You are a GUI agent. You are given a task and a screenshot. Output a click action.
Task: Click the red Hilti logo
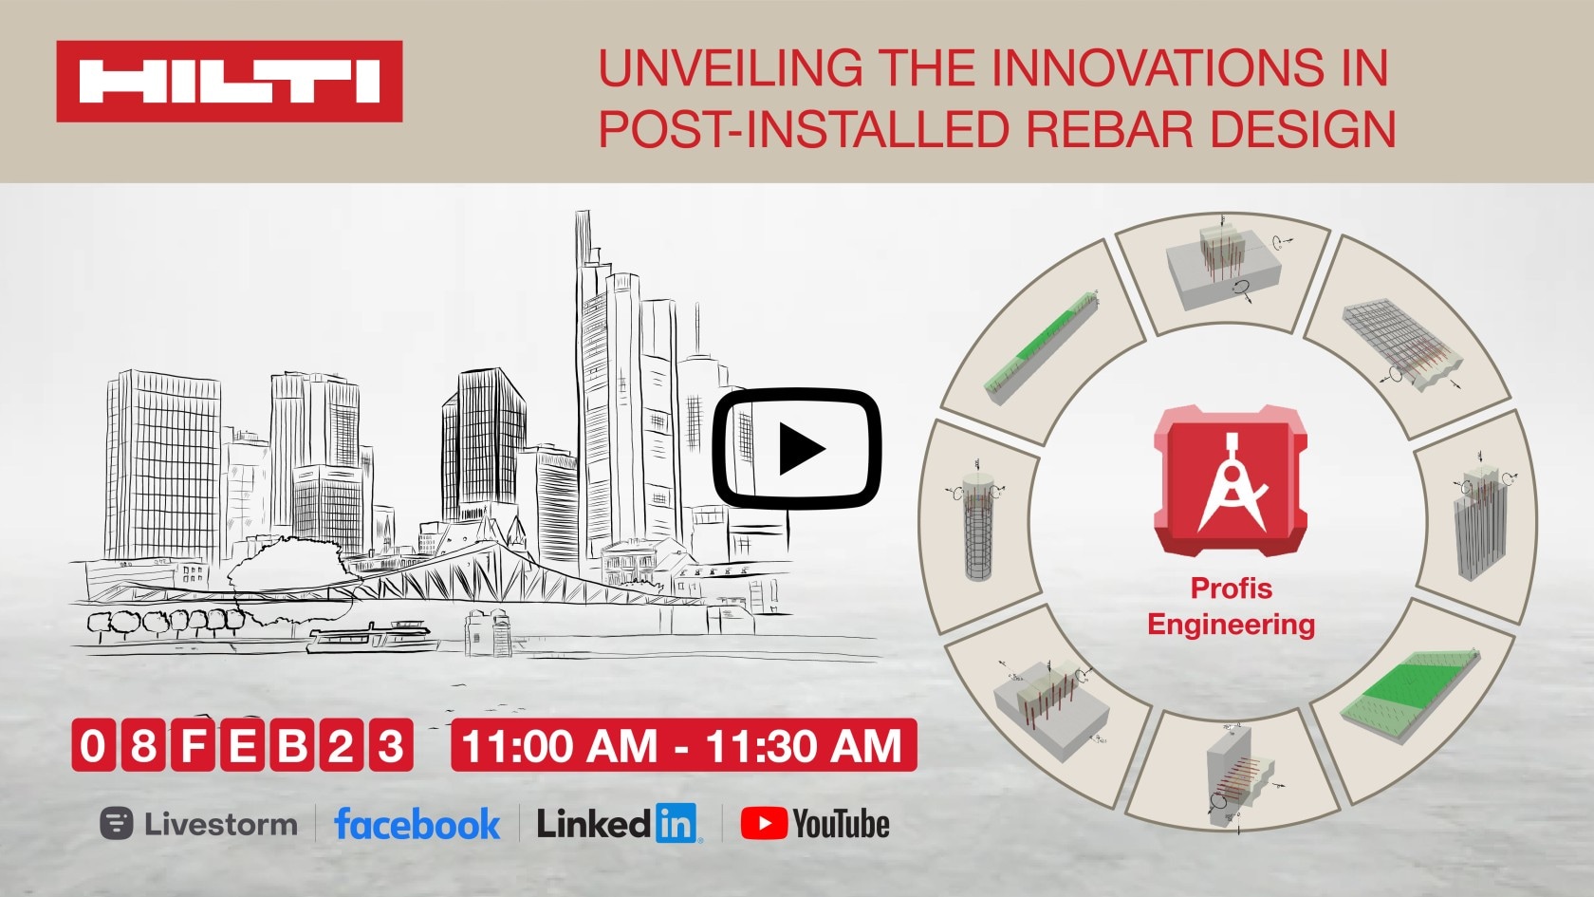229,82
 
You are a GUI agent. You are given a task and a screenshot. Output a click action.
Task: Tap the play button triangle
799,449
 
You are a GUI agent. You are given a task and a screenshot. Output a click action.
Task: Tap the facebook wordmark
417,824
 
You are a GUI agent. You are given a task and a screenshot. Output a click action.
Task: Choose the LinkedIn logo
618,823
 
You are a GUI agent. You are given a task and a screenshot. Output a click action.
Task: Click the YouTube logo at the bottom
815,823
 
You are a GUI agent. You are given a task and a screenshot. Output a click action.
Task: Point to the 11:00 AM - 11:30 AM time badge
683,745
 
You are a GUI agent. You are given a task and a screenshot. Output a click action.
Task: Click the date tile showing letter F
193,745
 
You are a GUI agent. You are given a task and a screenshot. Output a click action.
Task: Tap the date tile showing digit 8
143,745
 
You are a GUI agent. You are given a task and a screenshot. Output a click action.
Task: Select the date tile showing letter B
291,745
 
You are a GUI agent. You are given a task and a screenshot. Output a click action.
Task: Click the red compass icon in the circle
1231,481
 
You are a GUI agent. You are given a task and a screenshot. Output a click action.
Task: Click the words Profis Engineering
1231,607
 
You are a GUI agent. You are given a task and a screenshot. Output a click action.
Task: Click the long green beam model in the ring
1042,348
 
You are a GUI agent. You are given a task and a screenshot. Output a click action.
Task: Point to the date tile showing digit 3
390,745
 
